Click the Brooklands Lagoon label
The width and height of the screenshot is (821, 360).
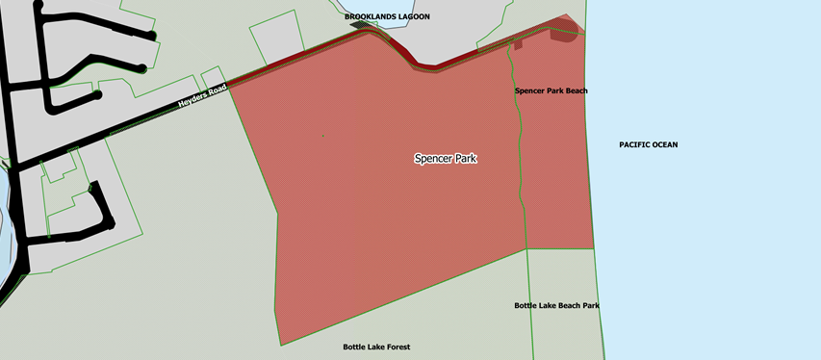(x=388, y=16)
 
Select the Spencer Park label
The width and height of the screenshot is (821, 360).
(x=446, y=158)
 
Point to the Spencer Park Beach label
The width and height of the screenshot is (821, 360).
(x=551, y=90)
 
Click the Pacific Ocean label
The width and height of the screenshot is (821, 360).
(x=648, y=144)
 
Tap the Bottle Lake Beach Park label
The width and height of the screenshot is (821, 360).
(x=556, y=305)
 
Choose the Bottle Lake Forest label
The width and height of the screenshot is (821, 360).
(x=376, y=347)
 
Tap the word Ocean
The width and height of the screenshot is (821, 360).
(x=662, y=144)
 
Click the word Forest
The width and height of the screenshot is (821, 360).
(x=395, y=347)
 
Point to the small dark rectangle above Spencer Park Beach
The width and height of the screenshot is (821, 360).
(x=518, y=44)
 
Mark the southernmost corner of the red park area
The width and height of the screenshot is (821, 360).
(x=280, y=344)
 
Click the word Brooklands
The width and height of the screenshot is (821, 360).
(x=369, y=16)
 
